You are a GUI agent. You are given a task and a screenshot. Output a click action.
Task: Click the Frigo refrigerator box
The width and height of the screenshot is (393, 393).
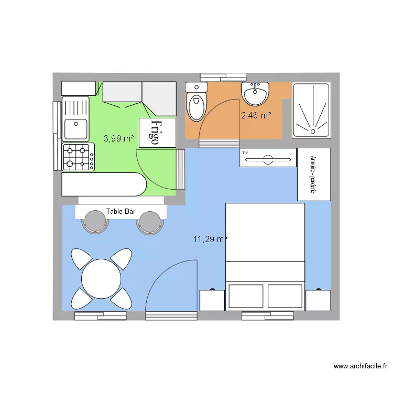pyautogui.click(x=157, y=132)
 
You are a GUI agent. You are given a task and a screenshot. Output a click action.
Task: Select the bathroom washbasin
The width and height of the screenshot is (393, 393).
pyautogui.click(x=255, y=94)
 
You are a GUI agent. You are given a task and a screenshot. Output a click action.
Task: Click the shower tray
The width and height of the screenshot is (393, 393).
pyautogui.click(x=311, y=110)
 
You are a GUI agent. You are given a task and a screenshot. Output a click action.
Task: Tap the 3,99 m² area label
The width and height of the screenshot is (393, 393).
pyautogui.click(x=118, y=138)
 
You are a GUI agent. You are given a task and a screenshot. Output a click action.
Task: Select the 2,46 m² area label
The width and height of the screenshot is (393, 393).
pyautogui.click(x=256, y=115)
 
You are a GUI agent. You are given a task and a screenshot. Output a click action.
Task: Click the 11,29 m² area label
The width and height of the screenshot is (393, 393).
pyautogui.click(x=210, y=239)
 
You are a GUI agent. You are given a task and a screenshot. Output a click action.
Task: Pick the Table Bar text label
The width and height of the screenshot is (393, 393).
pyautogui.click(x=121, y=212)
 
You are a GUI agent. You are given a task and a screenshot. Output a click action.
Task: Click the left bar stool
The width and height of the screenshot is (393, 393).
pyautogui.click(x=95, y=221)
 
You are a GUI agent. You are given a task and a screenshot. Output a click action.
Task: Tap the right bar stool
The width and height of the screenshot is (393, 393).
pyautogui.click(x=150, y=221)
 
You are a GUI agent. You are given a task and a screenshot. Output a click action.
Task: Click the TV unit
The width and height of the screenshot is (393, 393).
pyautogui.click(x=268, y=158)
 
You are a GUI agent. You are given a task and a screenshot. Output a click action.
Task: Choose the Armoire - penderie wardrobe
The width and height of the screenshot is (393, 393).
pyautogui.click(x=314, y=174)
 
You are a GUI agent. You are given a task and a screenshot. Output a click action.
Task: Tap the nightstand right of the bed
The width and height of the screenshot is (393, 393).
pyautogui.click(x=318, y=300)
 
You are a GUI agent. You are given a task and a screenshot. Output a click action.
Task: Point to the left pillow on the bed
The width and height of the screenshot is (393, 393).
pyautogui.click(x=246, y=296)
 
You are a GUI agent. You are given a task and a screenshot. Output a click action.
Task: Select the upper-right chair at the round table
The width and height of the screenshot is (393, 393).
pyautogui.click(x=121, y=258)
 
